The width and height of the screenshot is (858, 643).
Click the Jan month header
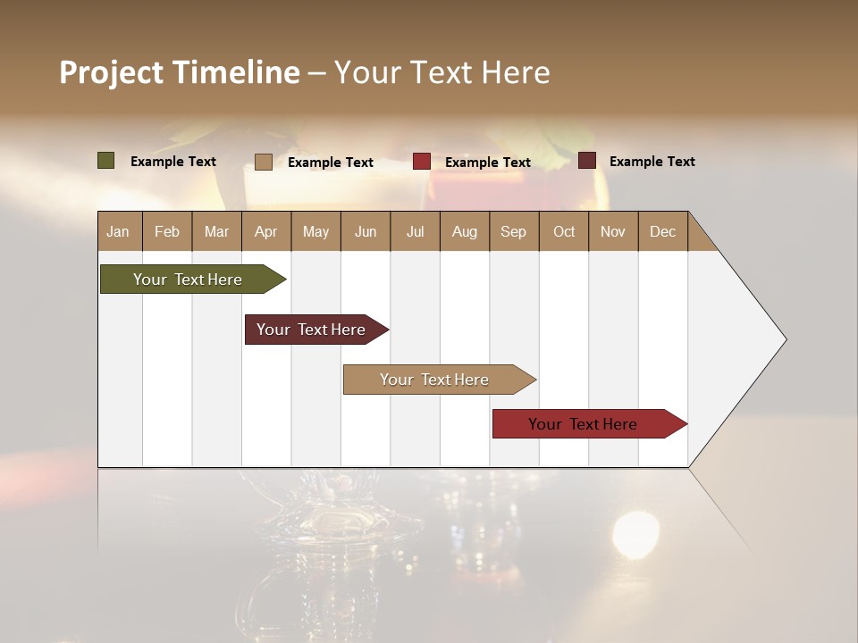[118, 231]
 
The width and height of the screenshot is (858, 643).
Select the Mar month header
[216, 231]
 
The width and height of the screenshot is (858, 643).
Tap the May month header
[315, 231]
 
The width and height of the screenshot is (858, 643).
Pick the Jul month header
[415, 231]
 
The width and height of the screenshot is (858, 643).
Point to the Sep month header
[513, 231]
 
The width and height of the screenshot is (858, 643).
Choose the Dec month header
[662, 231]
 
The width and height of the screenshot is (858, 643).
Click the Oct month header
[564, 231]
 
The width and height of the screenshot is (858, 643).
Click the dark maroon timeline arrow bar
[313, 330]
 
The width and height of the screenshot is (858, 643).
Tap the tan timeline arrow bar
[436, 380]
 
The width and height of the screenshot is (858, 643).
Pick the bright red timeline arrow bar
[585, 424]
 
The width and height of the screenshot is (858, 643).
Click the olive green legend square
[105, 161]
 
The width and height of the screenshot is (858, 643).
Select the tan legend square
[263, 162]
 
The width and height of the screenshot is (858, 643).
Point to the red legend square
[422, 162]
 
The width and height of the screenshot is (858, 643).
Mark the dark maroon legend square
[586, 161]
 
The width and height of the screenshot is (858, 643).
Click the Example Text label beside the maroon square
[652, 162]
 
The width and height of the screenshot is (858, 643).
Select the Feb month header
[167, 231]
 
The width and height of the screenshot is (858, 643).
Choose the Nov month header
[613, 231]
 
